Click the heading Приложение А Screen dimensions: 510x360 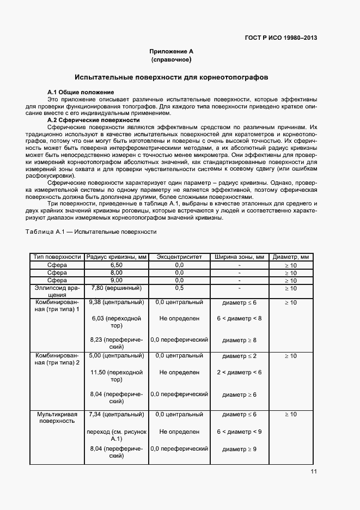[171, 51]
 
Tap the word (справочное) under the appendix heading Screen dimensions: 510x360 [171, 59]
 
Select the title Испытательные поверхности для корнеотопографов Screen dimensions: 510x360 [171, 77]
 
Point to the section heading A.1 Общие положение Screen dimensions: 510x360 [81, 92]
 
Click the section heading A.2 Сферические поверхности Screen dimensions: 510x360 [94, 120]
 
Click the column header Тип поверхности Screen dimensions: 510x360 [57, 257]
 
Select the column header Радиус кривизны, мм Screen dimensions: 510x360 [117, 257]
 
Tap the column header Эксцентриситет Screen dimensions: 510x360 [179, 257]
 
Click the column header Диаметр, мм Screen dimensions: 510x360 [290, 257]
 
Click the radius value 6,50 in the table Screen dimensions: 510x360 [117, 265]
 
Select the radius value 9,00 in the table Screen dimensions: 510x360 [117, 280]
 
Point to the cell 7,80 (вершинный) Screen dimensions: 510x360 [117, 288]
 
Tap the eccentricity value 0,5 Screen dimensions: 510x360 [179, 288]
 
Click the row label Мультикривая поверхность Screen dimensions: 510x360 [57, 417]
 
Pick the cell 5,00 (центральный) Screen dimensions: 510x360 [117, 356]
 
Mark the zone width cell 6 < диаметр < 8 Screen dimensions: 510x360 [239, 318]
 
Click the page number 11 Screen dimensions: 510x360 [314, 472]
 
